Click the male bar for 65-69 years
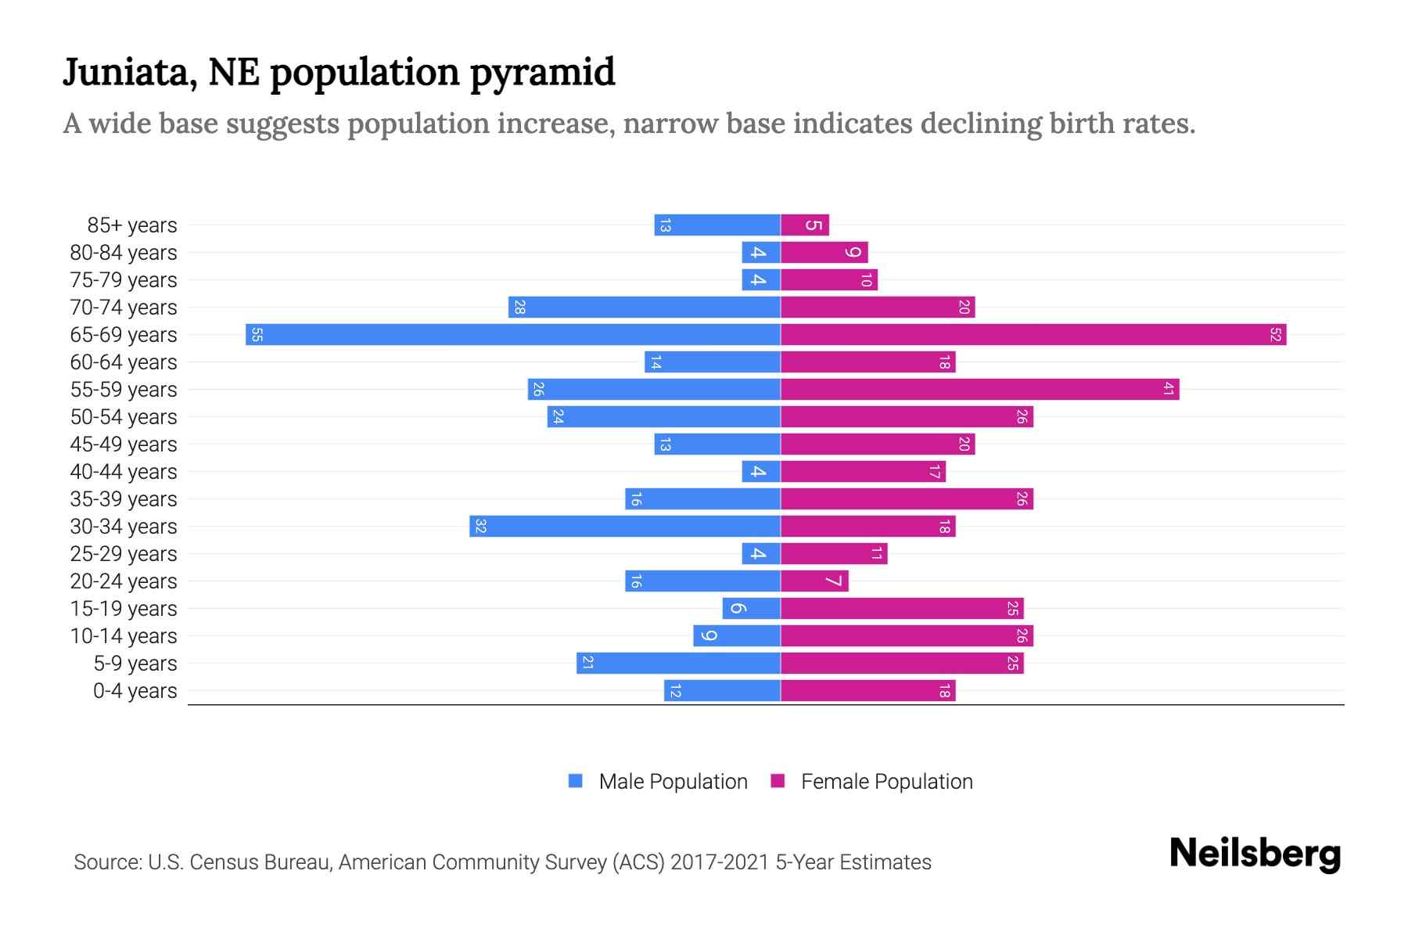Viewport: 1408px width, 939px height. click(512, 335)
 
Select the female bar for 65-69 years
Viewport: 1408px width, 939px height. click(1033, 335)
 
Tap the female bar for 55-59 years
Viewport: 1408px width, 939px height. click(979, 390)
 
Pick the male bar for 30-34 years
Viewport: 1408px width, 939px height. click(624, 527)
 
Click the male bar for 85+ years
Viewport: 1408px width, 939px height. click(717, 225)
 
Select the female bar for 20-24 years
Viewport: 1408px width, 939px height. click(814, 581)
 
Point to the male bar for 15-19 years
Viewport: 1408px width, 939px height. click(751, 609)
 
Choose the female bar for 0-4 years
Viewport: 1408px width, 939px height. click(867, 691)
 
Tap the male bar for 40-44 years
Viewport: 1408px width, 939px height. click(761, 472)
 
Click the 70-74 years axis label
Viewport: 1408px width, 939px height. click(124, 308)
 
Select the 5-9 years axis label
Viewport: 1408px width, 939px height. click(135, 664)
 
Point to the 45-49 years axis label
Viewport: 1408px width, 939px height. click(124, 444)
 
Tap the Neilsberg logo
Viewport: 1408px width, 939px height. click(1255, 854)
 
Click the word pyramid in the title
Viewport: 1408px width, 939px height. click(542, 73)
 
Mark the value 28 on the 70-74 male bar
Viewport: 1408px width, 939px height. click(519, 308)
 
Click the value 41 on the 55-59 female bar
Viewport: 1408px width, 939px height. click(1168, 390)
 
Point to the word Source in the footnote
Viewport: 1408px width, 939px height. click(107, 862)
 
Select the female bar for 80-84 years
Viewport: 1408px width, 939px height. click(824, 253)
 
